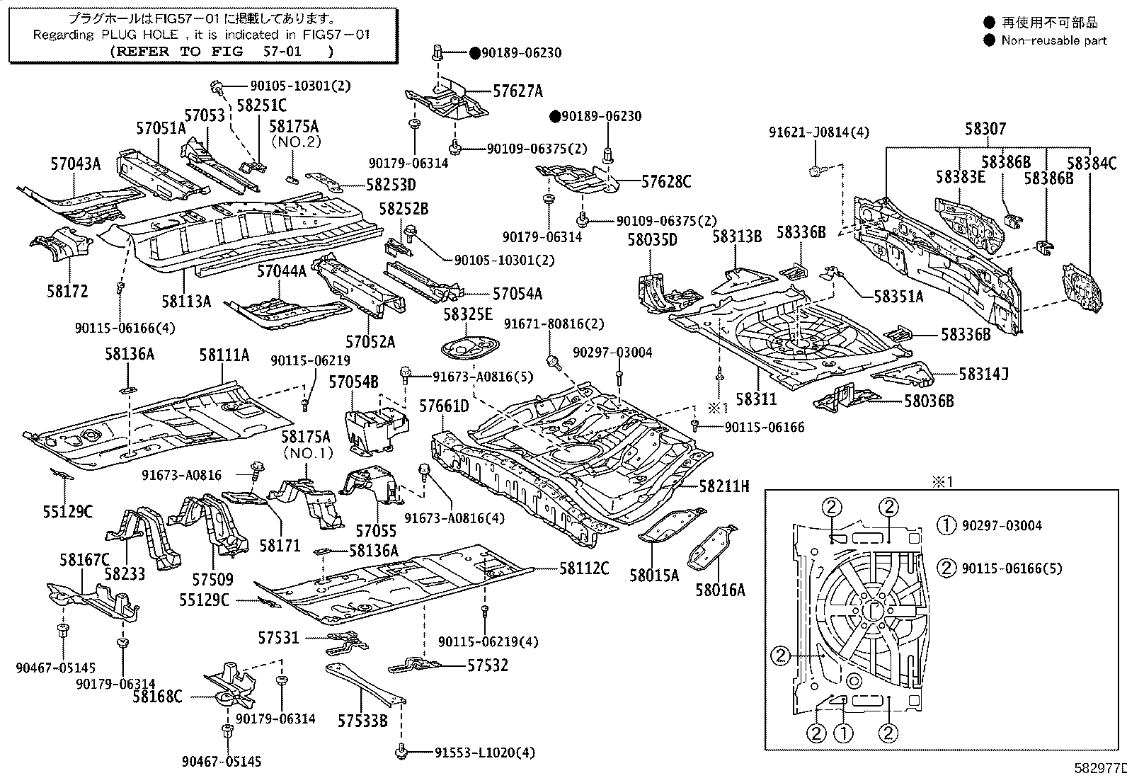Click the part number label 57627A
click(517, 91)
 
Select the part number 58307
click(985, 129)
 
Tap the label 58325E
click(468, 314)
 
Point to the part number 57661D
click(444, 406)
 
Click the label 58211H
click(723, 486)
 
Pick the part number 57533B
click(362, 721)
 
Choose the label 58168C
click(157, 697)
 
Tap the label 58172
click(68, 291)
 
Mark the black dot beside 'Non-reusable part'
click(990, 40)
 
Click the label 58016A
click(720, 589)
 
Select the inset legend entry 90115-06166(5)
click(1012, 568)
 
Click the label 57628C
click(666, 181)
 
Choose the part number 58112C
click(584, 568)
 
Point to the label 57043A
click(75, 164)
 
